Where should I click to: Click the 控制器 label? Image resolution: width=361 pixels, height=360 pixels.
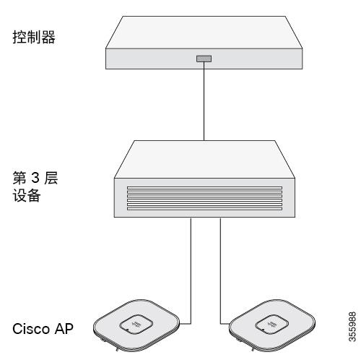34,38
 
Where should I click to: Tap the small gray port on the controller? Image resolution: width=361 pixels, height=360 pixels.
204,59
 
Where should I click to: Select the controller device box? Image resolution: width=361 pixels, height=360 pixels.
204,43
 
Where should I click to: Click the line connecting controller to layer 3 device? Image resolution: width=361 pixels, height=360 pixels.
204,101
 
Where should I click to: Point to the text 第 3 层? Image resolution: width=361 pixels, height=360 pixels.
35,178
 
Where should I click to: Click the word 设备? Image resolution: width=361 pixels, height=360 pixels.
27,195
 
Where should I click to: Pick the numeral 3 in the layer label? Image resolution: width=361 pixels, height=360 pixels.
35,178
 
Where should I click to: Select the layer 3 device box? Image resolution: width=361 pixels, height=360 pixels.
204,179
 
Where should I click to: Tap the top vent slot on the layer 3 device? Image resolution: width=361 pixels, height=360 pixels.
204,188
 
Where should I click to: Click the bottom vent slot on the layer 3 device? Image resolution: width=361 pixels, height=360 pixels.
204,208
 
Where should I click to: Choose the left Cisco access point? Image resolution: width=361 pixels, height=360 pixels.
136,325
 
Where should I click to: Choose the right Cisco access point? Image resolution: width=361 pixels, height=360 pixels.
272,325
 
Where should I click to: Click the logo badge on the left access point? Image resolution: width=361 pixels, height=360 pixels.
136,325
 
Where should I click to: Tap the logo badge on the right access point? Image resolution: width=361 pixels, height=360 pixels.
272,325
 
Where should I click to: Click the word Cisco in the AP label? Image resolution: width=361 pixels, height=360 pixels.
31,329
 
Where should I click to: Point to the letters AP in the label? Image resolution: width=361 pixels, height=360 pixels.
64,329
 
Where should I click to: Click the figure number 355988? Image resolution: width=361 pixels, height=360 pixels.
352,327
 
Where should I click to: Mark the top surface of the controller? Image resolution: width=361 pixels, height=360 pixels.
204,33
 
